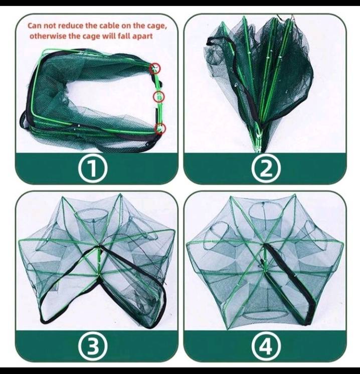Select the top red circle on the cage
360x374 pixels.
tap(155, 69)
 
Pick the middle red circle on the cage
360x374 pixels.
tap(159, 96)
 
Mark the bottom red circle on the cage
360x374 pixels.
tap(160, 129)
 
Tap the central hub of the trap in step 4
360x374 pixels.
tap(264, 244)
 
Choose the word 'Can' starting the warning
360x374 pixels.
tap(34, 26)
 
